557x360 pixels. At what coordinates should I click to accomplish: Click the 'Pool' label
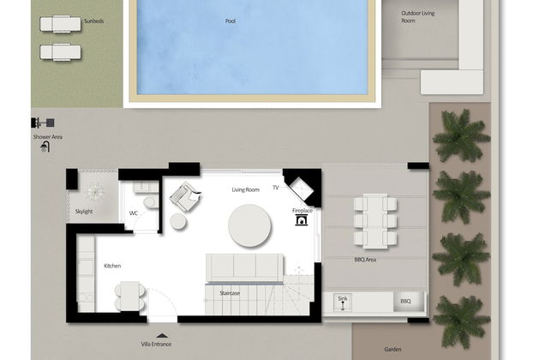[x=230, y=21]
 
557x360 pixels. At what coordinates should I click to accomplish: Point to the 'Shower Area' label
[x=46, y=136]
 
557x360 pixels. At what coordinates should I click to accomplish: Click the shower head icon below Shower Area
[x=45, y=147]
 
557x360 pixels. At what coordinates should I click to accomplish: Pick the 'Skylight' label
[x=84, y=211]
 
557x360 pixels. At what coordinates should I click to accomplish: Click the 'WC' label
[x=134, y=213]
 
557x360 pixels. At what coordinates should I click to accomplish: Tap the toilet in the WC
[x=150, y=203]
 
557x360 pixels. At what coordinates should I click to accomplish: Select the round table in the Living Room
[x=249, y=225]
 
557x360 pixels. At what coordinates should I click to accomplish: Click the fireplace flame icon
[x=302, y=220]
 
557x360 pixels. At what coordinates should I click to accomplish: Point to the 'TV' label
[x=276, y=187]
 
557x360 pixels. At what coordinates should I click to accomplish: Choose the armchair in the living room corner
[x=183, y=198]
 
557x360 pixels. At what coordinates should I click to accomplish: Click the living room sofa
[x=244, y=267]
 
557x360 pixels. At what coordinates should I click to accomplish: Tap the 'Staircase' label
[x=228, y=293]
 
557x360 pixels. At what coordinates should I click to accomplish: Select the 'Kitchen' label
[x=112, y=266]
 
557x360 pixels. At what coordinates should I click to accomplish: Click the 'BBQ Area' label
[x=365, y=259]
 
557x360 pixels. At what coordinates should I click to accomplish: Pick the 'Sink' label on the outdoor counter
[x=343, y=298]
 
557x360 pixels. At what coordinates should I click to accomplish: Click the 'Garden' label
[x=392, y=349]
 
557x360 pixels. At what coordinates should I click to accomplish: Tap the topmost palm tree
[x=461, y=135]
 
